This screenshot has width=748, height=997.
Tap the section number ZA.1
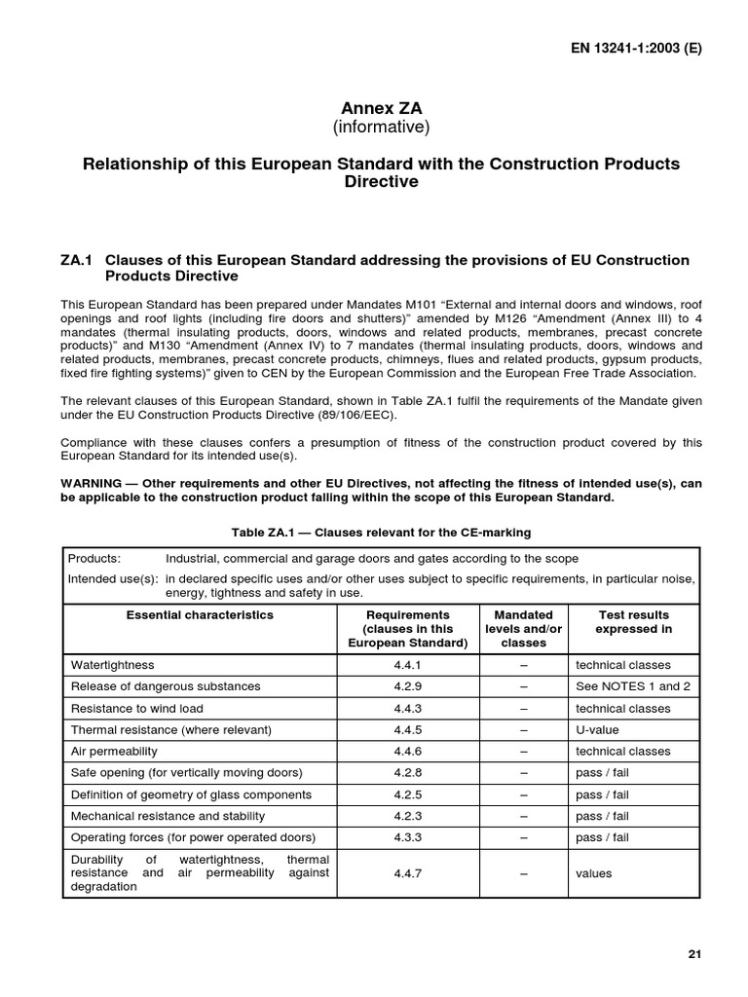coord(76,260)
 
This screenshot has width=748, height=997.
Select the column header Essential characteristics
coord(200,615)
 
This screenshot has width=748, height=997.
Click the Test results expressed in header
coord(633,622)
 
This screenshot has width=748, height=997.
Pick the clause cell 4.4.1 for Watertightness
coord(407,665)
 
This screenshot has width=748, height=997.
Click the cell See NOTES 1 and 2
coord(633,686)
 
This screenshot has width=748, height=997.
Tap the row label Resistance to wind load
coord(137,708)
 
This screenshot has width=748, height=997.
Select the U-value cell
coord(597,729)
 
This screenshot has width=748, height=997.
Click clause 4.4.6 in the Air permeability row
coord(407,751)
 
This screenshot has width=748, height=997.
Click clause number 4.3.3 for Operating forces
coord(407,837)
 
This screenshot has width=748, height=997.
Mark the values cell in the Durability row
coord(594,873)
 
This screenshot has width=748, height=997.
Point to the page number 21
coord(693,954)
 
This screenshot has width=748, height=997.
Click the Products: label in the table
coord(94,559)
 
